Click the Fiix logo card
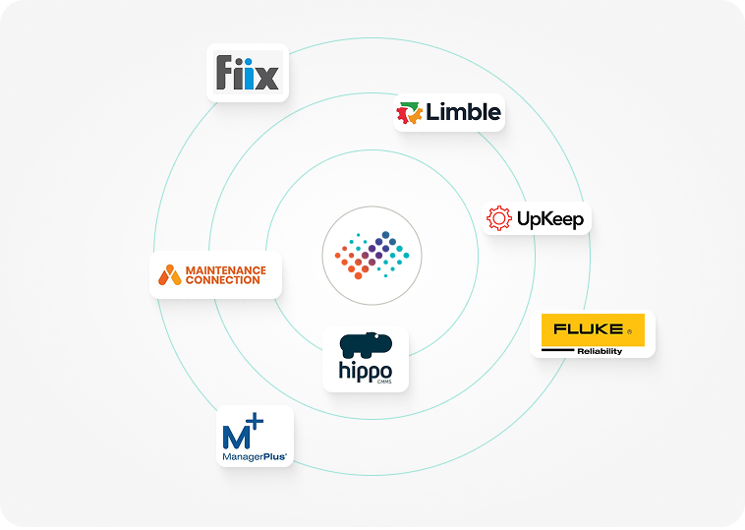(247, 72)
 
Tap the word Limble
(464, 112)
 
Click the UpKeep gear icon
(499, 218)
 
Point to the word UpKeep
(550, 219)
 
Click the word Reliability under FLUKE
(600, 351)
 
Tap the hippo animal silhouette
(365, 345)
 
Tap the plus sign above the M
(256, 422)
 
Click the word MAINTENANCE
(226, 269)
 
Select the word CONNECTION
(223, 280)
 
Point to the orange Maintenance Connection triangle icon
(170, 274)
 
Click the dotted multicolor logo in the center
(372, 255)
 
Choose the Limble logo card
(449, 113)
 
